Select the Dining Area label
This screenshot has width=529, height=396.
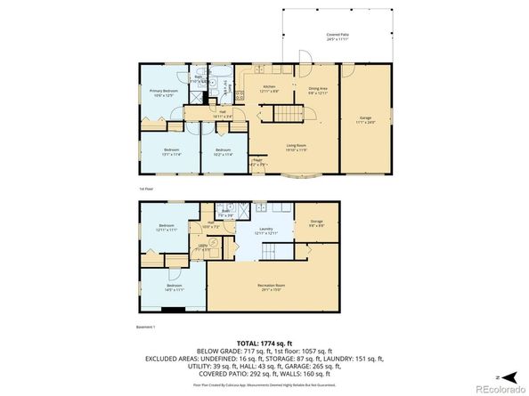(x=318, y=89)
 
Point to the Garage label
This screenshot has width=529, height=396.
(x=365, y=118)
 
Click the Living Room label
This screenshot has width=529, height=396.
(x=296, y=147)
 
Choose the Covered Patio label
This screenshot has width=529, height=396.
(x=337, y=36)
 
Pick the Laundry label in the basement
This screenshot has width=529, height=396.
(x=265, y=230)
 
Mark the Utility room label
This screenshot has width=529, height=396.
(x=203, y=246)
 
